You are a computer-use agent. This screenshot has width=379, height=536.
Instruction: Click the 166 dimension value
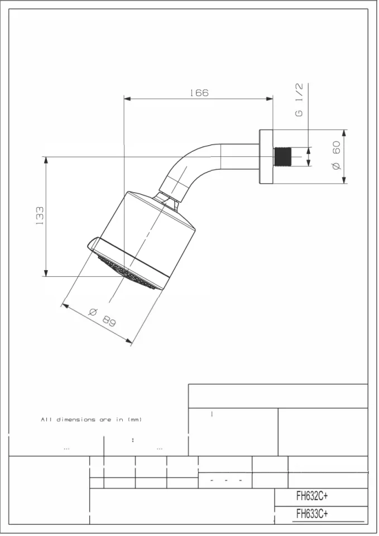click(x=199, y=93)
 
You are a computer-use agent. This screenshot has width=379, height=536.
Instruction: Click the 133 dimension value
click(x=40, y=216)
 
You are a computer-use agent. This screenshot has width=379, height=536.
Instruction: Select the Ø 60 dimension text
click(x=336, y=156)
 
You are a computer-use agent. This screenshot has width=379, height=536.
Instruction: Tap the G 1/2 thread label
click(x=299, y=100)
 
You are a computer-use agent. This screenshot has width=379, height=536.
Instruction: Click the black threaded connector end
click(x=283, y=157)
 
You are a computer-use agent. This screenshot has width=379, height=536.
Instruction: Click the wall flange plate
click(x=266, y=157)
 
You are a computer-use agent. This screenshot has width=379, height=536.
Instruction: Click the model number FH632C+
click(x=311, y=496)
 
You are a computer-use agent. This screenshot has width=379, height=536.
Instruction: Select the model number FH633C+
click(x=311, y=514)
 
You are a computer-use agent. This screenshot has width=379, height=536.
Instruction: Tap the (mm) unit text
click(x=136, y=420)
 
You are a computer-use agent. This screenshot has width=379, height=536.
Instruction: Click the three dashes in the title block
click(x=226, y=480)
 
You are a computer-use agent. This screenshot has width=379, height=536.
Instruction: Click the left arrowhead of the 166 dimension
click(x=127, y=99)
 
